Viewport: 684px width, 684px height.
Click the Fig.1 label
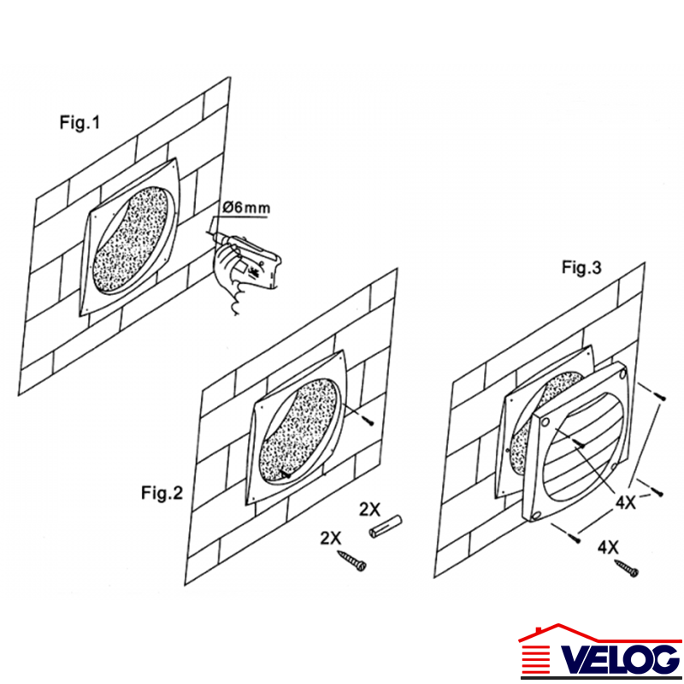point(80,122)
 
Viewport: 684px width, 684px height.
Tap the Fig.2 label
point(162,493)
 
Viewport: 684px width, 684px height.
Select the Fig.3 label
point(581,267)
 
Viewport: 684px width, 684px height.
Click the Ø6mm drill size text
point(246,207)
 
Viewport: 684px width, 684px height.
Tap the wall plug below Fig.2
point(386,527)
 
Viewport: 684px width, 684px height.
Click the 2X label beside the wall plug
point(369,509)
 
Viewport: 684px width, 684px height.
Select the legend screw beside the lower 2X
point(351,561)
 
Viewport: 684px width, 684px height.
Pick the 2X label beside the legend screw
point(331,538)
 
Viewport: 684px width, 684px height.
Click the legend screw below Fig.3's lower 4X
point(627,568)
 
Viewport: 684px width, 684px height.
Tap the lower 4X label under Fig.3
point(608,547)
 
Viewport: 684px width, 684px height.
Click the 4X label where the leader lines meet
point(626,503)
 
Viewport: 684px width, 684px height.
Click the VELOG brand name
point(621,658)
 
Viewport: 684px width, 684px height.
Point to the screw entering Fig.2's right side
point(368,420)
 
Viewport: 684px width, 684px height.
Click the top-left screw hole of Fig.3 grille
point(545,422)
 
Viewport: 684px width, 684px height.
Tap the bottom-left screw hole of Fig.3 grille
point(535,516)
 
